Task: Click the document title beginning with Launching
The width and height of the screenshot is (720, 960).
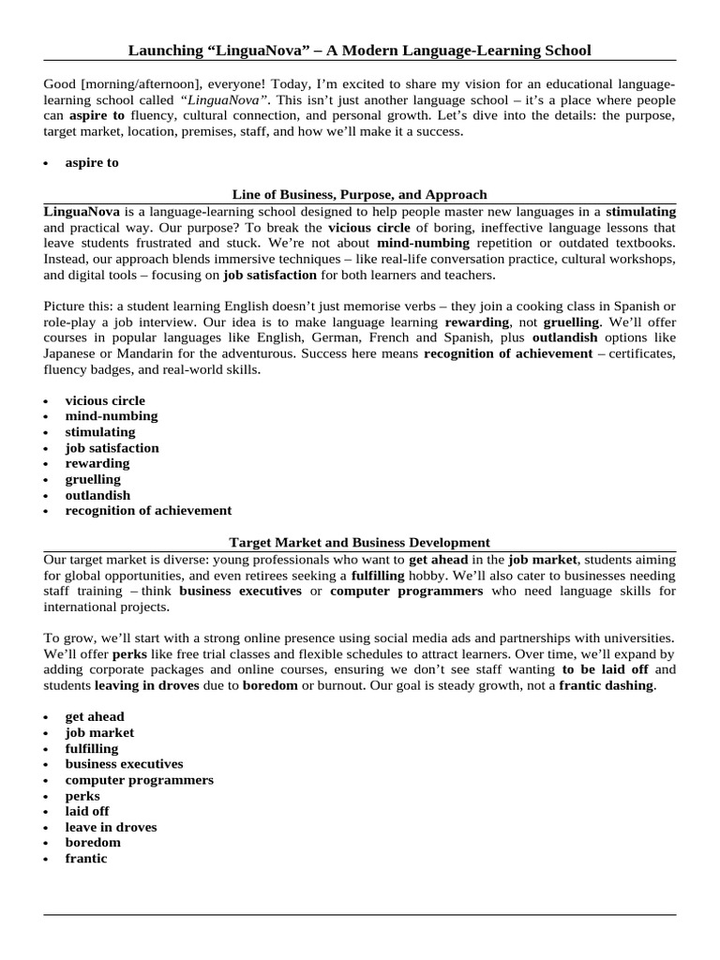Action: click(359, 49)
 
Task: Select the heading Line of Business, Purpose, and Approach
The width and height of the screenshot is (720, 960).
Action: click(359, 194)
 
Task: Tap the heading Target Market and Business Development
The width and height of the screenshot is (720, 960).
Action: click(359, 542)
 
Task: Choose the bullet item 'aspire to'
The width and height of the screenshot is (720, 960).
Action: click(92, 162)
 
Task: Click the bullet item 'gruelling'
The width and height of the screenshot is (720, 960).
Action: click(93, 479)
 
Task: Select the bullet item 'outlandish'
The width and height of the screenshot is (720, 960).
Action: click(97, 495)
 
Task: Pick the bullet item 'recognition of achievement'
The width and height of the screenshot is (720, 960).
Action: click(148, 511)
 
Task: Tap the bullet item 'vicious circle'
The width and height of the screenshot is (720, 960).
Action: click(105, 400)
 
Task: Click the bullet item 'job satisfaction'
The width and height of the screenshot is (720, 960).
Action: click(112, 448)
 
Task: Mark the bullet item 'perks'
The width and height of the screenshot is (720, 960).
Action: click(82, 796)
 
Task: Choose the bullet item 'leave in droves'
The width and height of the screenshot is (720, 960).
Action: click(111, 827)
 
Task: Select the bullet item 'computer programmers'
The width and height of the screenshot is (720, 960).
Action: click(139, 780)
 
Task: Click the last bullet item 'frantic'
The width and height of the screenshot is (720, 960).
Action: click(86, 859)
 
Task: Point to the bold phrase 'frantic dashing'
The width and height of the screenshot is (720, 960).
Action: click(607, 685)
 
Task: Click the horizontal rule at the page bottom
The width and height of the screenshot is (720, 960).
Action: click(359, 914)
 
